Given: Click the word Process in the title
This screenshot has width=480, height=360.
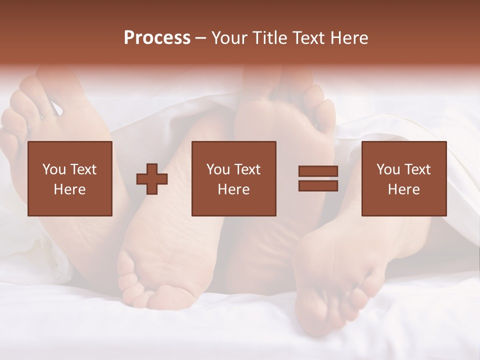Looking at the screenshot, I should click(157, 38).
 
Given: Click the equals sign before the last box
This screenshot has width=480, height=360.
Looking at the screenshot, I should click(318, 178).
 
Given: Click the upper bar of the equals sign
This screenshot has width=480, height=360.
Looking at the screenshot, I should click(318, 171).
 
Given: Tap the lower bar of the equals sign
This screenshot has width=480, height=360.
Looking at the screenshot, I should click(318, 186).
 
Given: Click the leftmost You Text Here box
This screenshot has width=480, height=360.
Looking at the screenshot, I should click(70, 178).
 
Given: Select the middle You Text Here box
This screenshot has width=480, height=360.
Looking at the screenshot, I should click(233, 178).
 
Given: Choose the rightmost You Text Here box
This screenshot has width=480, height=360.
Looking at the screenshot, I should click(404, 178).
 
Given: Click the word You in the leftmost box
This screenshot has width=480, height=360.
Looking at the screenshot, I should click(53, 169).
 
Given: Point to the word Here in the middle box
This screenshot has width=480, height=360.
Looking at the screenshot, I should click(233, 189).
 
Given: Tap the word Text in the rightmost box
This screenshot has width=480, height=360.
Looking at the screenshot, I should click(417, 169).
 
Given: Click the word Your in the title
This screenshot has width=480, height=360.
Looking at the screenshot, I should click(229, 38).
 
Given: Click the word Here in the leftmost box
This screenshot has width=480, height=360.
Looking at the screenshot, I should click(70, 189).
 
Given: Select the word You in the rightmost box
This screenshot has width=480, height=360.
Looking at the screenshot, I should click(387, 169).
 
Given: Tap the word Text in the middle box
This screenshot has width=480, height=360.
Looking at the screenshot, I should click(247, 169).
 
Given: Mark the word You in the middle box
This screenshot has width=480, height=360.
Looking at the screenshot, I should click(217, 169).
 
